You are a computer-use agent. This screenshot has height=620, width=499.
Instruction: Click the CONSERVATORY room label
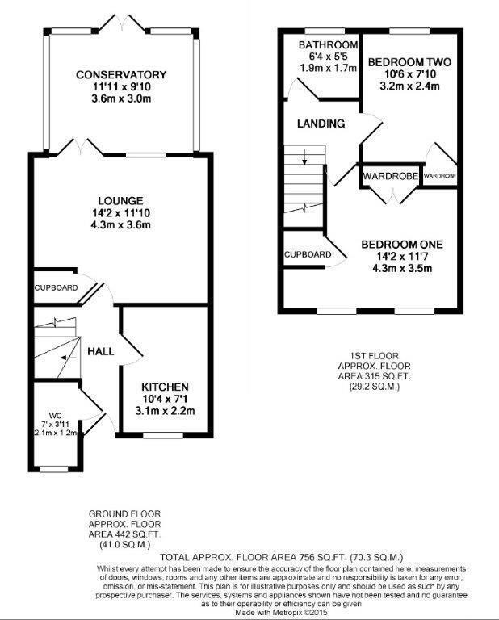point(121,75)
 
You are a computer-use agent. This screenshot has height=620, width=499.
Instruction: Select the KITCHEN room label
point(165,387)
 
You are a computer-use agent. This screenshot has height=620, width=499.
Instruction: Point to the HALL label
point(101,350)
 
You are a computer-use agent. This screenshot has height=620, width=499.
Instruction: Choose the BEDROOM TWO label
point(409,61)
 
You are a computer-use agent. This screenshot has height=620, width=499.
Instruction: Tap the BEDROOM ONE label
point(401,244)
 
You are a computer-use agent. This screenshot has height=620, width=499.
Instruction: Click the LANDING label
point(321,124)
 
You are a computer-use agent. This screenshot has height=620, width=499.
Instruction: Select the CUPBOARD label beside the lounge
point(56,287)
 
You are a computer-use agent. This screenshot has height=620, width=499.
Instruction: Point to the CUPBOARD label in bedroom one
point(307,255)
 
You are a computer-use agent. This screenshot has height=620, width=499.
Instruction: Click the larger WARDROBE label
point(390,175)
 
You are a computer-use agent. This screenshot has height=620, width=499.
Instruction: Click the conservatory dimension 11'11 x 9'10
point(121,87)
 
